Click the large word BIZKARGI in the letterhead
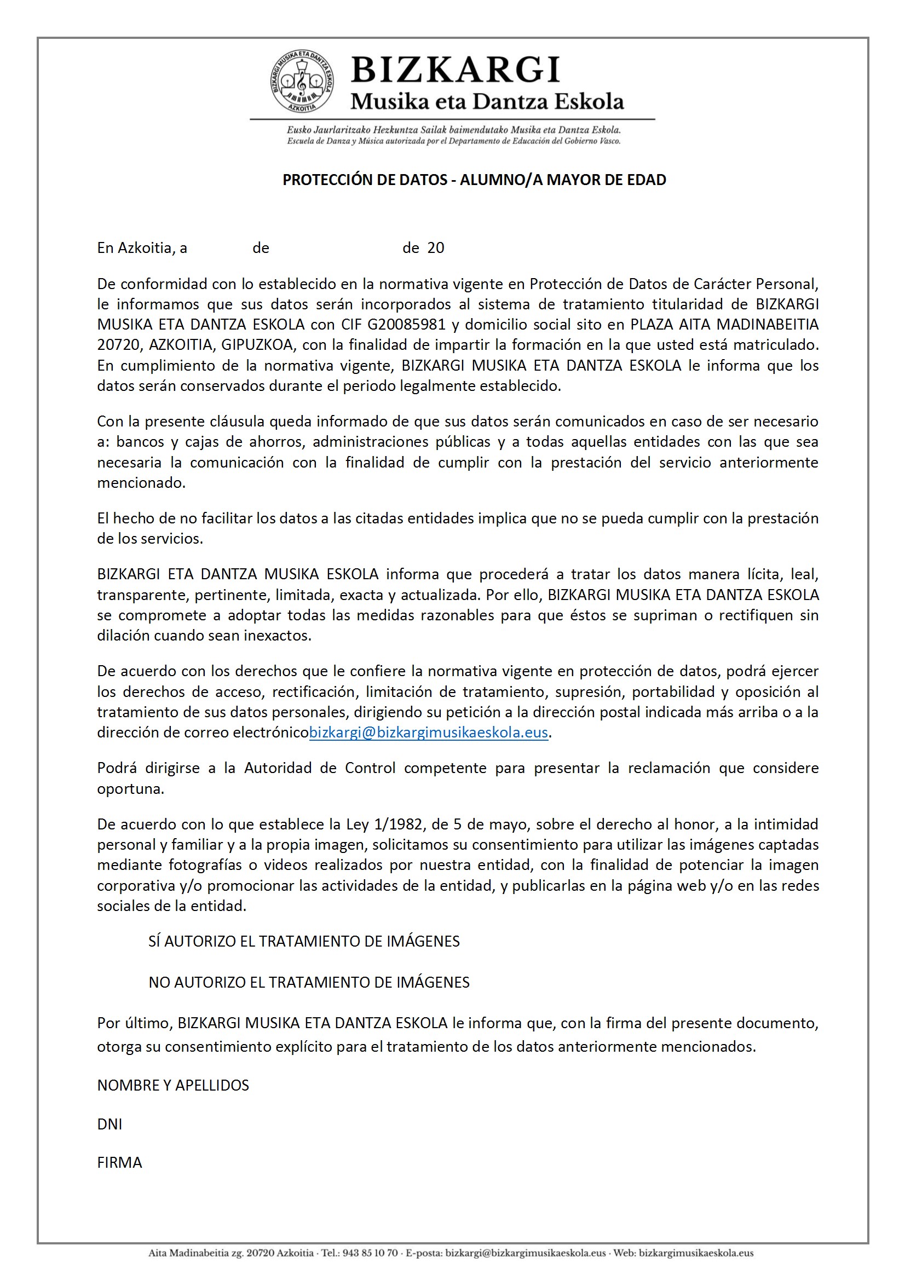[x=456, y=70]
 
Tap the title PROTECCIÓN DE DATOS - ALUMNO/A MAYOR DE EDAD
[x=474, y=180]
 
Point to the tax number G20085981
[x=406, y=325]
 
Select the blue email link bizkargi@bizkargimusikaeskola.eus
[x=428, y=733]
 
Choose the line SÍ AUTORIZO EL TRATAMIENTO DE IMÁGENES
[x=304, y=942]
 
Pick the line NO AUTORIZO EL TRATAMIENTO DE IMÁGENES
[x=309, y=982]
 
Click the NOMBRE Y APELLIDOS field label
[x=173, y=1085]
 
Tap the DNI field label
[x=109, y=1124]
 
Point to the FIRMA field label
[x=119, y=1162]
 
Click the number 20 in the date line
[x=435, y=248]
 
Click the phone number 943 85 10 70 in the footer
[x=370, y=1253]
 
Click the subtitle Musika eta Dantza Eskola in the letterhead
[x=487, y=101]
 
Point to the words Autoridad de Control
[x=320, y=768]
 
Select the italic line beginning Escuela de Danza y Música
[x=453, y=141]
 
